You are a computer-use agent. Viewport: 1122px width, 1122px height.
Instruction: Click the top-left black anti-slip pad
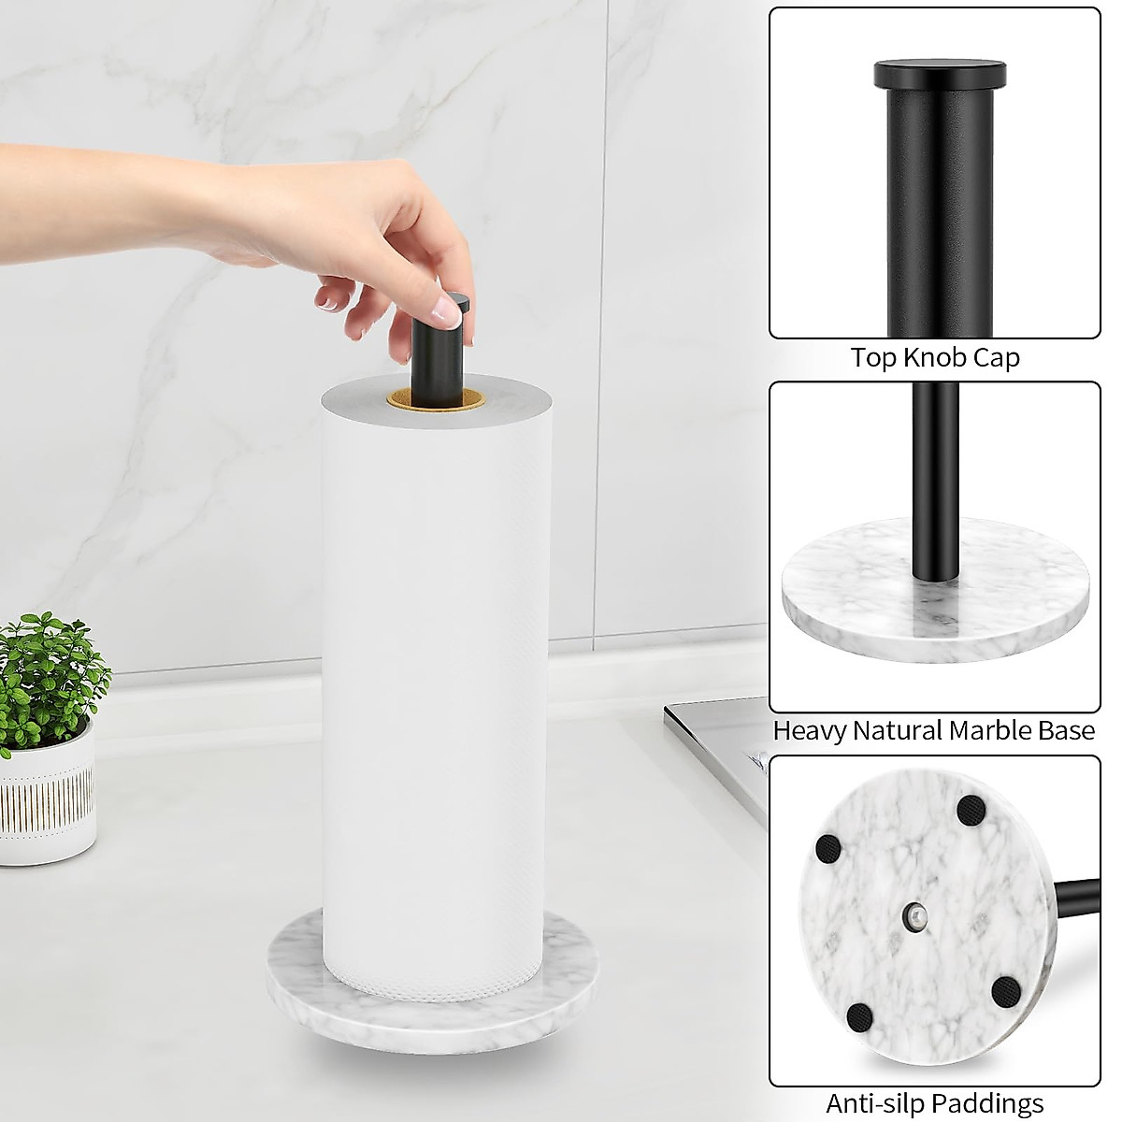pyautogui.click(x=828, y=848)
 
